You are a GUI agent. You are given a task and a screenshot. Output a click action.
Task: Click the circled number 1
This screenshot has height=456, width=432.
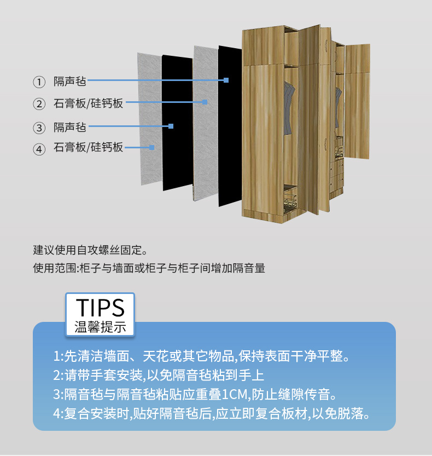(39, 82)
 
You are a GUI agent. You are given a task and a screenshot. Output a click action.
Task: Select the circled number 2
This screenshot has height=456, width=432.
(39, 104)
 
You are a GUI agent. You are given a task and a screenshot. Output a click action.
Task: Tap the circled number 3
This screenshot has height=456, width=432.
(39, 128)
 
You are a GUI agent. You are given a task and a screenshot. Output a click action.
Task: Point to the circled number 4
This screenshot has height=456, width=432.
(39, 149)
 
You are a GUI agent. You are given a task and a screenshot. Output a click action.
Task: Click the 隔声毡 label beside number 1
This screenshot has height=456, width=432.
(70, 82)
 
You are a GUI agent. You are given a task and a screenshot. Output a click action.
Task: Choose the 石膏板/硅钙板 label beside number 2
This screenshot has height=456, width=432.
(89, 103)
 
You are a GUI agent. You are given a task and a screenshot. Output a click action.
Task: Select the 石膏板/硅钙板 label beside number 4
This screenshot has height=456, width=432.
(89, 148)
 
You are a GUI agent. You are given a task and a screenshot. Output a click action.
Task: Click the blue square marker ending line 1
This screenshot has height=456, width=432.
(226, 80)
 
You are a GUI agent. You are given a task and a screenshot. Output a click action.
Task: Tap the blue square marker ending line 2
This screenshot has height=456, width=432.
(205, 102)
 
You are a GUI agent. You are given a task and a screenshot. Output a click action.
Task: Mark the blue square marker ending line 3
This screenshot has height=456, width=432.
(171, 126)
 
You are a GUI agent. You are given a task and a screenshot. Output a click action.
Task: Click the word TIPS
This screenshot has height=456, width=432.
(100, 308)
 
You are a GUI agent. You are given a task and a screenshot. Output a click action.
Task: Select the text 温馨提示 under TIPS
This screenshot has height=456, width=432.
(100, 327)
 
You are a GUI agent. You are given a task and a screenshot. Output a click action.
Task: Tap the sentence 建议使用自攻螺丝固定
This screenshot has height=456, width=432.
(91, 251)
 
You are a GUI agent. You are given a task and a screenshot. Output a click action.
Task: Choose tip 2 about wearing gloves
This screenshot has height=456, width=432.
(159, 376)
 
